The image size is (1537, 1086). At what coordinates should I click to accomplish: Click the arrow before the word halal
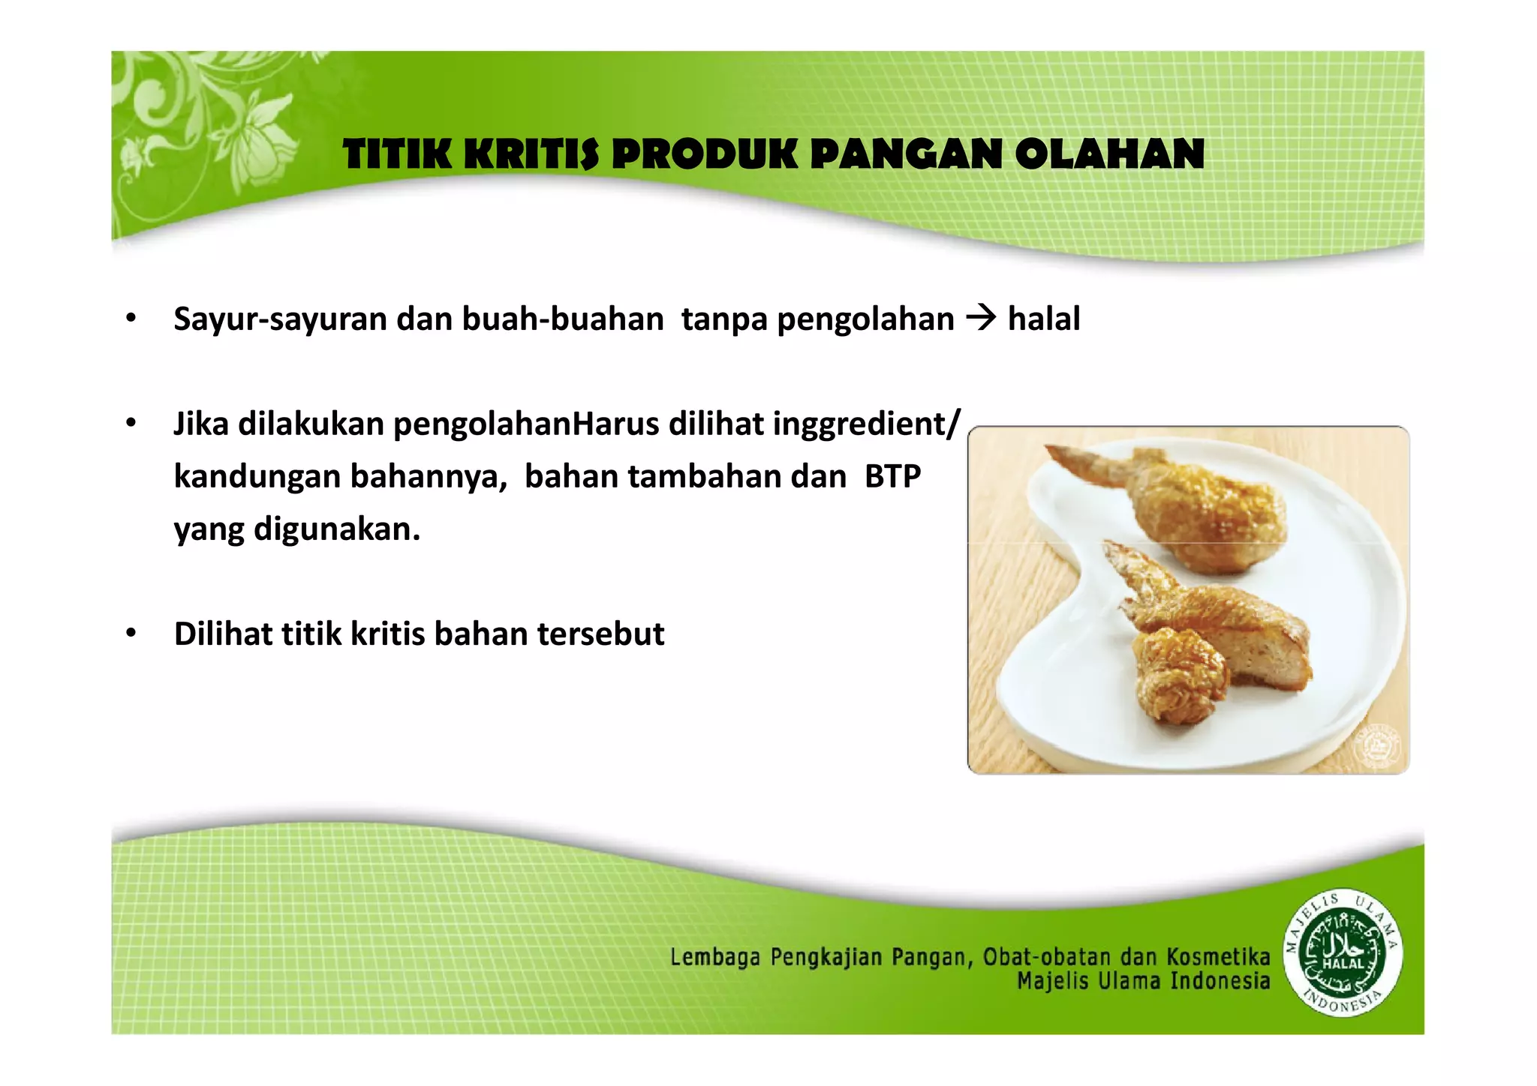(x=980, y=319)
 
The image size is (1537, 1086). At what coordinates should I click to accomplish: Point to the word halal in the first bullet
(x=1044, y=319)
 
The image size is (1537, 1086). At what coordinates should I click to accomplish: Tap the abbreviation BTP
(x=892, y=477)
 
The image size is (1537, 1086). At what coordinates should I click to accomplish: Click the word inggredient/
(x=866, y=424)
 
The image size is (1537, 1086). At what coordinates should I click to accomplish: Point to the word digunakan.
(x=336, y=529)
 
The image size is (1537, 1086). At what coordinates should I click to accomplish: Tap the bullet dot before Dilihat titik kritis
(x=131, y=634)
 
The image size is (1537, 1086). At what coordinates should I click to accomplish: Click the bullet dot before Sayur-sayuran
(x=131, y=319)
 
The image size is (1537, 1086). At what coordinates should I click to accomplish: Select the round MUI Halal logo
(x=1343, y=952)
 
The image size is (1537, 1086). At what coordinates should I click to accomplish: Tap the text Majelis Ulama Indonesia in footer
(x=1143, y=981)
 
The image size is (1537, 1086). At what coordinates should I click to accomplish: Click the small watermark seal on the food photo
(x=1378, y=746)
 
